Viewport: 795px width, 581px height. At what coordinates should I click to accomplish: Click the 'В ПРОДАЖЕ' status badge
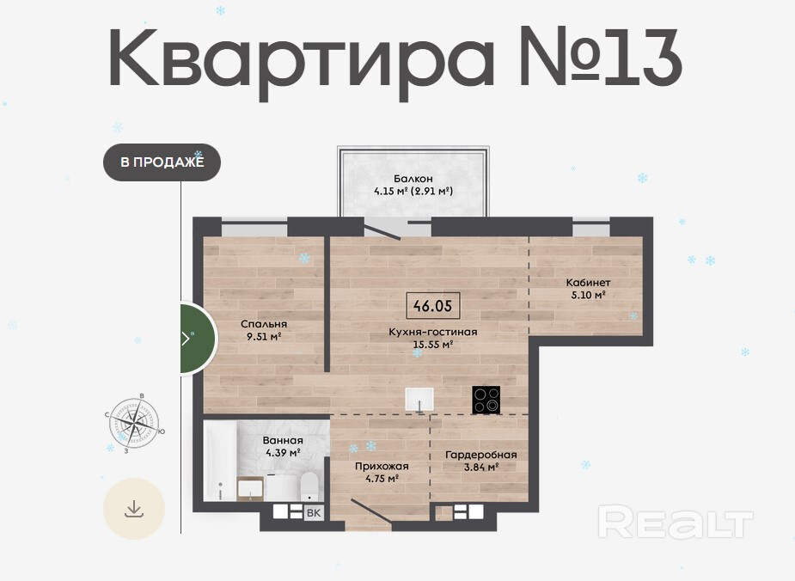(x=162, y=162)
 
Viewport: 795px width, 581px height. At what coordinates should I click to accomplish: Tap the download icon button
(x=134, y=509)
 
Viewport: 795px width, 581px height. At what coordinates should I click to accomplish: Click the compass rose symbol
(x=134, y=423)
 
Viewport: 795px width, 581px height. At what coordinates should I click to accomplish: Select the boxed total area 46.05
(x=433, y=306)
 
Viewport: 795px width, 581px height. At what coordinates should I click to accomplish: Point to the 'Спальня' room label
(x=264, y=324)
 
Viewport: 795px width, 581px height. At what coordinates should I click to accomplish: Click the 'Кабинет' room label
(x=588, y=283)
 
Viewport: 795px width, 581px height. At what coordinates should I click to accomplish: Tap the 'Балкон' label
(x=413, y=179)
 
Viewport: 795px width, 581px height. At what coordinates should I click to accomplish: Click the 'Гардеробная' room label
(x=481, y=455)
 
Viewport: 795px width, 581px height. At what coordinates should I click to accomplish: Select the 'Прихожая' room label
(x=382, y=467)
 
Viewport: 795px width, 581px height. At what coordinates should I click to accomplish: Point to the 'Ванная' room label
(x=283, y=441)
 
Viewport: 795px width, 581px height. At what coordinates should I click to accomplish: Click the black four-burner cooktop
(x=486, y=400)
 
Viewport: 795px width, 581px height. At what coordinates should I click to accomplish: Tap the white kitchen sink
(x=419, y=399)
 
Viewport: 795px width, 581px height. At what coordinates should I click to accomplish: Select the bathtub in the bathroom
(x=220, y=461)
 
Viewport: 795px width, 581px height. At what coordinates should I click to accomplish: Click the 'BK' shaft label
(x=314, y=513)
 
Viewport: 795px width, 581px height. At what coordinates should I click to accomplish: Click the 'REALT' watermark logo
(x=676, y=523)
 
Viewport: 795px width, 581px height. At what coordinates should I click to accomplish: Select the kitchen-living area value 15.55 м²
(x=433, y=345)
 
